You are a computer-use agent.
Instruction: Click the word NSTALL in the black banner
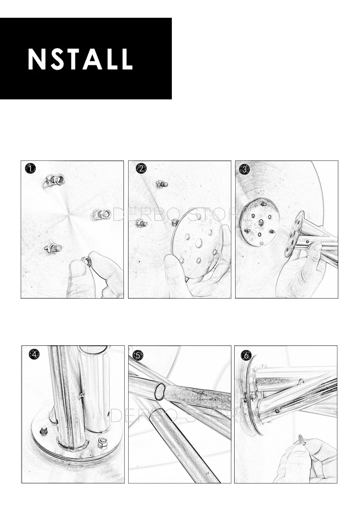click(80, 59)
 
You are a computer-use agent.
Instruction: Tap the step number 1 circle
click(30, 168)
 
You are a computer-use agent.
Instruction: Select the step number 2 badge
click(141, 168)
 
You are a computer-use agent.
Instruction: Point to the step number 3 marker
click(244, 169)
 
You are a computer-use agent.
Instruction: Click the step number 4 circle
click(34, 354)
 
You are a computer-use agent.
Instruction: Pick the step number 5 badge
click(138, 355)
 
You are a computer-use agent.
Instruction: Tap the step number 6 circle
click(246, 355)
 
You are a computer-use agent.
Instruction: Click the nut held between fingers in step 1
click(87, 262)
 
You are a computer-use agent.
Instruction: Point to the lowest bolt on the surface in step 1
click(53, 249)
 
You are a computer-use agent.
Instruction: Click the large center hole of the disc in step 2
click(199, 242)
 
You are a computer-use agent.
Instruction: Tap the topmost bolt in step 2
click(162, 184)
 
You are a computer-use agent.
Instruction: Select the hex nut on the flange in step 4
click(102, 442)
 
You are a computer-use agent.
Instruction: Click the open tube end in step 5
click(159, 391)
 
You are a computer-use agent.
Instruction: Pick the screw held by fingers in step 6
click(301, 440)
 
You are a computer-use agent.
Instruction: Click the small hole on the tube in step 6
click(277, 411)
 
